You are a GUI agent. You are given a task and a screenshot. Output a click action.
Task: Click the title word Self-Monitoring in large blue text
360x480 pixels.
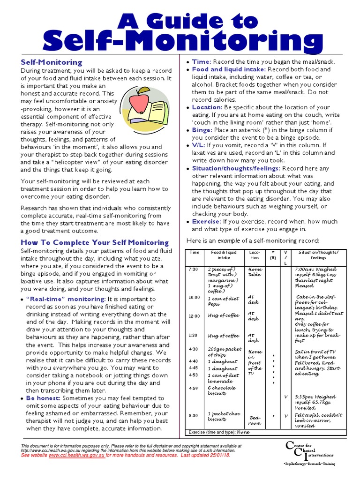click(x=180, y=41)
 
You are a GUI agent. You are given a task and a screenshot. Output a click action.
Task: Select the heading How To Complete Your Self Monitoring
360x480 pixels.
click(x=94, y=242)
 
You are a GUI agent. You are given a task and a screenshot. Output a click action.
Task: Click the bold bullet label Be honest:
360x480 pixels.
click(x=44, y=397)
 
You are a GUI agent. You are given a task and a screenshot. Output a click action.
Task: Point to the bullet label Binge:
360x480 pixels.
click(x=202, y=130)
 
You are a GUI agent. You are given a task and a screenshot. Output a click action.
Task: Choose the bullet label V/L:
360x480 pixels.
click(x=200, y=145)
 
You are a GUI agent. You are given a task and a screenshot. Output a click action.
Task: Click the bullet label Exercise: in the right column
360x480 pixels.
click(x=206, y=221)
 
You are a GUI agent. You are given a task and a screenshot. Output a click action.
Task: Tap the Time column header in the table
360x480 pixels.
click(x=194, y=253)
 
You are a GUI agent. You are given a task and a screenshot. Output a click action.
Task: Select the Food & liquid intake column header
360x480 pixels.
click(x=221, y=255)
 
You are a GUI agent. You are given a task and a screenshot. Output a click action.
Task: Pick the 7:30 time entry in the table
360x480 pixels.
click(x=193, y=270)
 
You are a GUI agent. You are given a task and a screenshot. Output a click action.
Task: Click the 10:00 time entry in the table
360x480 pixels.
click(x=194, y=298)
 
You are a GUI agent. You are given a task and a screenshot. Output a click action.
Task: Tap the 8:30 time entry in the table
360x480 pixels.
click(x=193, y=416)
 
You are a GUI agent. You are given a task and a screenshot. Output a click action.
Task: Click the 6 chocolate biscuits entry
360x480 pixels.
click(x=222, y=390)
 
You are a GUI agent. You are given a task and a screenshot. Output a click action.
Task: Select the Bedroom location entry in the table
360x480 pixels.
click(x=255, y=420)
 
